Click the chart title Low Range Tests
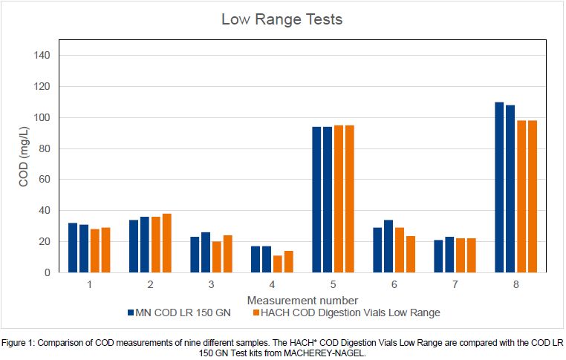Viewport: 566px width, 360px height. (x=282, y=19)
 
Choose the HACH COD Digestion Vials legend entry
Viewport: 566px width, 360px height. (x=346, y=312)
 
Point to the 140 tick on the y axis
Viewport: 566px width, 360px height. (x=41, y=55)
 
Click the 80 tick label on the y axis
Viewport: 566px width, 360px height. (x=44, y=148)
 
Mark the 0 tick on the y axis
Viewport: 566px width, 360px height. (x=46, y=272)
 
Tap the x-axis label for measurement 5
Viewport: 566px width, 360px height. (x=333, y=285)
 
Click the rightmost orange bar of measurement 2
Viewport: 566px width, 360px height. (x=167, y=243)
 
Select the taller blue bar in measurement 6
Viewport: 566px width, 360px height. (x=388, y=246)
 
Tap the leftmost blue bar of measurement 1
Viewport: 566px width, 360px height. (x=73, y=247)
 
